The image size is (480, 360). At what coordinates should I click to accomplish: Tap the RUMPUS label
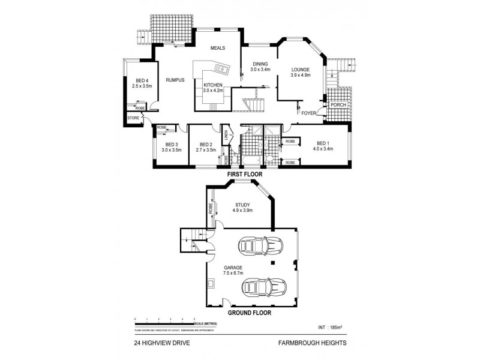(175, 80)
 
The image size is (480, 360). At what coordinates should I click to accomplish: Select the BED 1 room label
(323, 146)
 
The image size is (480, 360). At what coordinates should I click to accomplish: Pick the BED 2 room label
(206, 147)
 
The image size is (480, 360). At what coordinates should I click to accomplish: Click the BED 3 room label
(172, 147)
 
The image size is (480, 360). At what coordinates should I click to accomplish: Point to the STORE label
(133, 118)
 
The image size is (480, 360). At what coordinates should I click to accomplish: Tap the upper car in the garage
(259, 246)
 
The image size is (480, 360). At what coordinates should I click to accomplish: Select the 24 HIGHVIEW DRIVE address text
(158, 343)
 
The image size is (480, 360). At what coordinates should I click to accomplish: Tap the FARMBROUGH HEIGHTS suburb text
(312, 343)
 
